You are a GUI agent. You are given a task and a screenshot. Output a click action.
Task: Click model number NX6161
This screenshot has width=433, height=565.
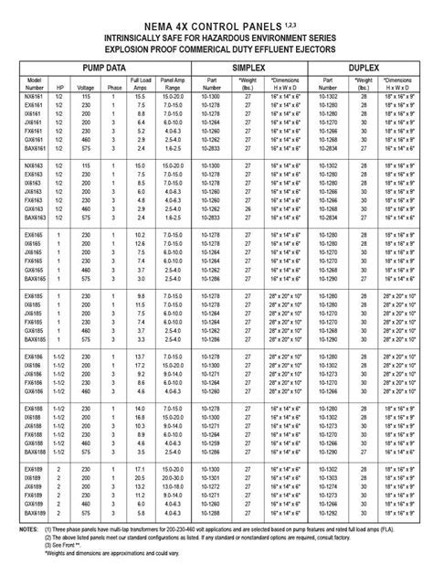(34, 96)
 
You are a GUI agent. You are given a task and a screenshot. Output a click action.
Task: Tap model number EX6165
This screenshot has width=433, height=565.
(34, 237)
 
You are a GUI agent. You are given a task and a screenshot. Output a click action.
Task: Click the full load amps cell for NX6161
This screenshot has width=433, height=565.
(140, 96)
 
